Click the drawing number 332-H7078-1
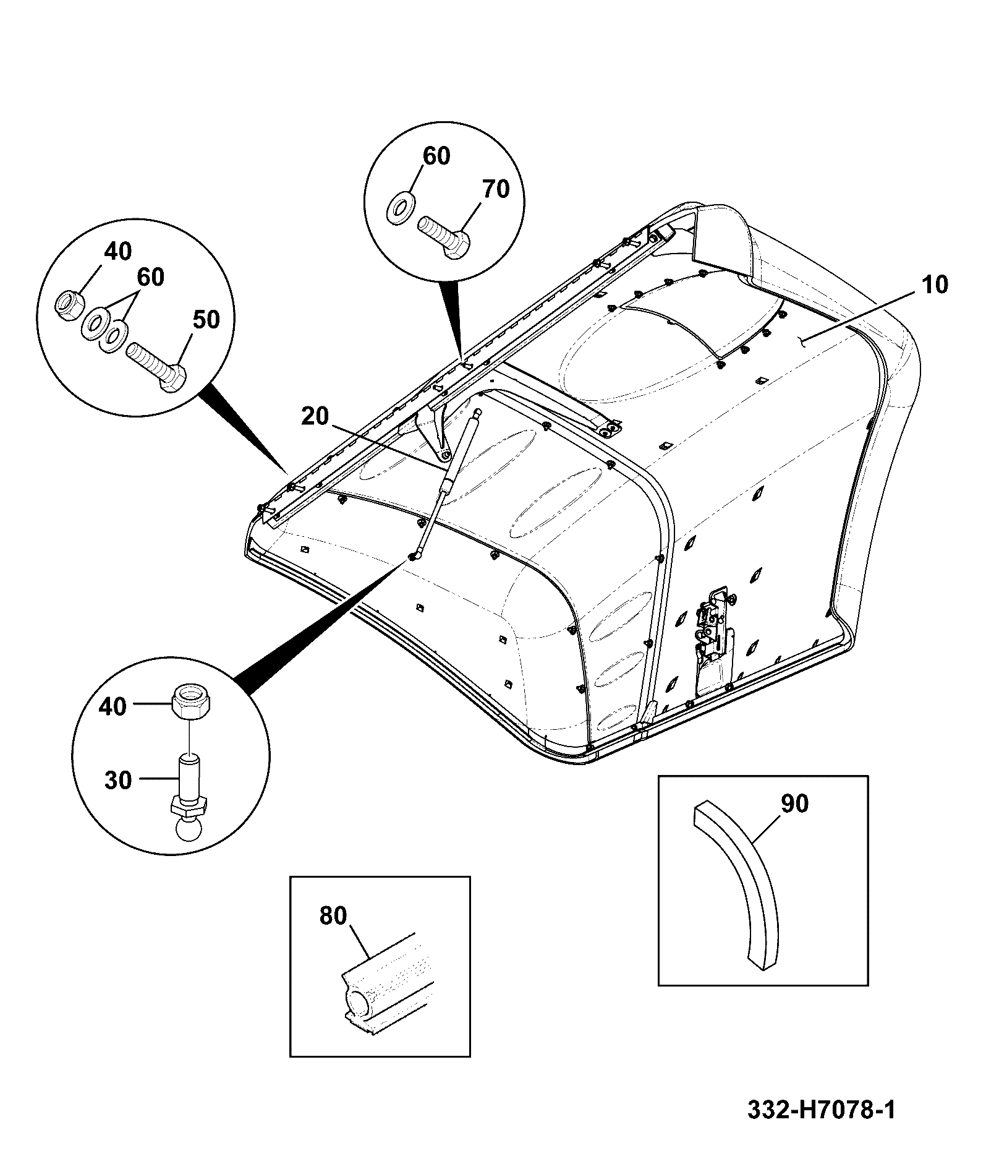tap(821, 1109)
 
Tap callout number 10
tap(935, 285)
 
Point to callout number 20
tap(315, 416)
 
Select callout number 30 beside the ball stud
tap(118, 781)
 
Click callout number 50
tap(206, 320)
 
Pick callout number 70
tap(496, 189)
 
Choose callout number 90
tap(794, 803)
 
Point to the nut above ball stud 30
tap(193, 703)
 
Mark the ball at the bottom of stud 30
tap(190, 829)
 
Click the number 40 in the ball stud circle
tap(113, 706)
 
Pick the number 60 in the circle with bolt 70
tap(436, 156)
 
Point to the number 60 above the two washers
tap(150, 276)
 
